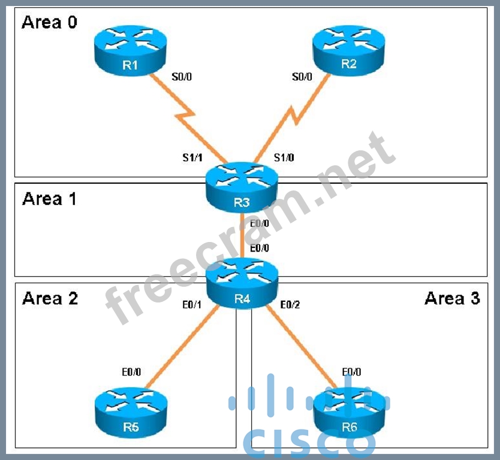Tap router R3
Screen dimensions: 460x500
tap(242, 187)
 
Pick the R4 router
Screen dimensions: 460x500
tap(242, 284)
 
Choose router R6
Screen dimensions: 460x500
tap(350, 413)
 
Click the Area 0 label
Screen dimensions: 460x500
tap(50, 23)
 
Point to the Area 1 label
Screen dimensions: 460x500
tap(50, 198)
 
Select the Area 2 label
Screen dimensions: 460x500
tap(50, 298)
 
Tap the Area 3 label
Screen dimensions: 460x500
tap(452, 298)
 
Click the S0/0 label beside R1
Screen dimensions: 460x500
tap(182, 77)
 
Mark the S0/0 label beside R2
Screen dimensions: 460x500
tap(302, 77)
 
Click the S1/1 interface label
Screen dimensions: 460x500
tap(192, 158)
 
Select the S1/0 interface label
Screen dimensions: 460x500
tap(284, 158)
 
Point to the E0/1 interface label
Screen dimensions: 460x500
tap(192, 305)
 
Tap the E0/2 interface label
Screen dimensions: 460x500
tap(290, 305)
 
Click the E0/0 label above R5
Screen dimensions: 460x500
tap(131, 372)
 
